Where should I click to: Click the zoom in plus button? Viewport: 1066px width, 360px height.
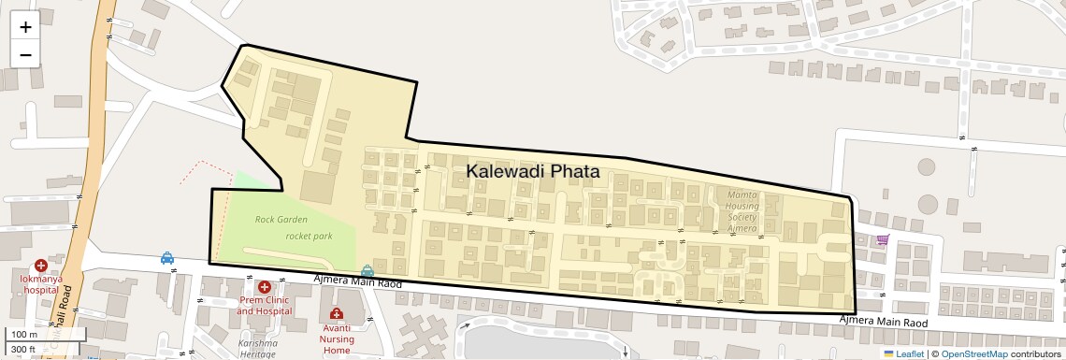pyautogui.click(x=25, y=27)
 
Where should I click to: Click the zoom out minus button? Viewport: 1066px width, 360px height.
pyautogui.click(x=25, y=54)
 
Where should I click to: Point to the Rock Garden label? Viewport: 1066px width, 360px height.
pyautogui.click(x=281, y=220)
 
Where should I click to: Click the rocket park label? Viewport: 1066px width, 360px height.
pyautogui.click(x=309, y=237)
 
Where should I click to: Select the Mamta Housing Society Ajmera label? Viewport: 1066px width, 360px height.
pyautogui.click(x=742, y=210)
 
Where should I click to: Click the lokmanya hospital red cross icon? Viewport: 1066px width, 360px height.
pyautogui.click(x=41, y=266)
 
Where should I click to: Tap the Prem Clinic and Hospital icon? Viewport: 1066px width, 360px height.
pyautogui.click(x=265, y=287)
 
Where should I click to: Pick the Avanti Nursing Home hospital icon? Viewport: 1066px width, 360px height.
pyautogui.click(x=336, y=313)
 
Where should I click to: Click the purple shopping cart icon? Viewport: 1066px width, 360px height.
pyautogui.click(x=883, y=239)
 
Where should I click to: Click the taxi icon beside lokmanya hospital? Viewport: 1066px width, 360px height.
pyautogui.click(x=166, y=257)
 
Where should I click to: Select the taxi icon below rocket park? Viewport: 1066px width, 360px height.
pyautogui.click(x=367, y=271)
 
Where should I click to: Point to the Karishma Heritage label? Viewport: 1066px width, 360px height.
pyautogui.click(x=258, y=349)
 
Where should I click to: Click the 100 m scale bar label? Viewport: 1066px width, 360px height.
pyautogui.click(x=24, y=335)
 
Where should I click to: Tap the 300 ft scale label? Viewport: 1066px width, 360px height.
pyautogui.click(x=23, y=350)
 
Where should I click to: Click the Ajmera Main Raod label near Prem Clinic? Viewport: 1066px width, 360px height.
pyautogui.click(x=357, y=281)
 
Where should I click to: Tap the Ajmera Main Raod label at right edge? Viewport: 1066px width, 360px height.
pyautogui.click(x=883, y=322)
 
